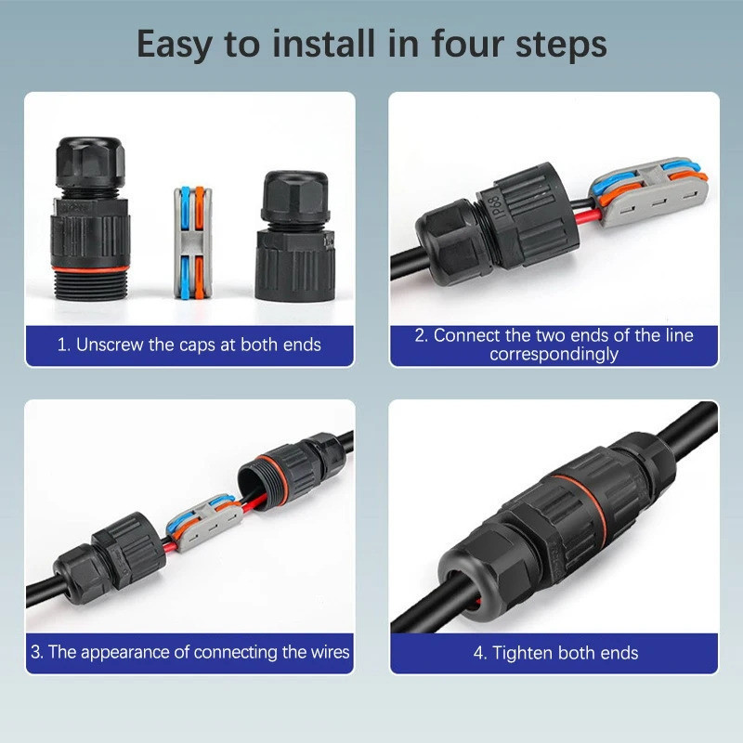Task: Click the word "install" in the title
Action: click(x=323, y=44)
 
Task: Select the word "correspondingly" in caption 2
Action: click(x=554, y=354)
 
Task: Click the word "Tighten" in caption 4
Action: click(x=522, y=653)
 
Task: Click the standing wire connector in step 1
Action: click(x=192, y=242)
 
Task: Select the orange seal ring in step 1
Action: click(x=90, y=269)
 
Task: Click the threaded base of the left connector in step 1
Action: click(x=90, y=285)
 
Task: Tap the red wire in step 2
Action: click(x=589, y=218)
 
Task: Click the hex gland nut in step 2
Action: click(x=448, y=241)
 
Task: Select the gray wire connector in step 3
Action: click(x=204, y=523)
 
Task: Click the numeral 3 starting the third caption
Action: click(x=35, y=652)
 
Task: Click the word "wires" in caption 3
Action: click(x=330, y=652)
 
